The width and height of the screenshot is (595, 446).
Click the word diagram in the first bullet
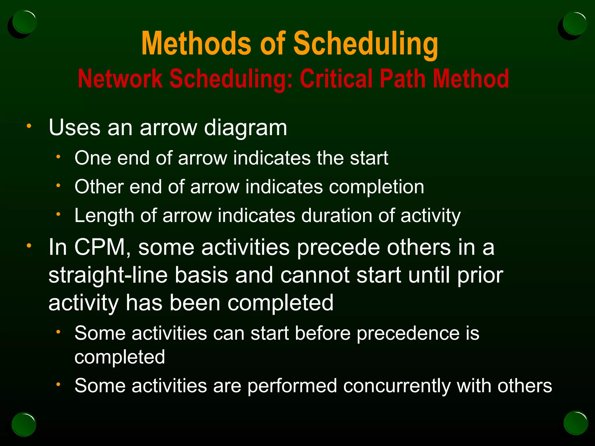tap(245, 128)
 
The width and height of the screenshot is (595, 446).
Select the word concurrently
tap(397, 386)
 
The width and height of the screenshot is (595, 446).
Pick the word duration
tap(336, 216)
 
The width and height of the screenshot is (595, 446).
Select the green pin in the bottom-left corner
tap(24, 424)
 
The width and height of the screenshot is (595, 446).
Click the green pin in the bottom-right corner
tap(576, 423)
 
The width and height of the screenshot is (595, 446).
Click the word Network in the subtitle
tap(120, 79)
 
